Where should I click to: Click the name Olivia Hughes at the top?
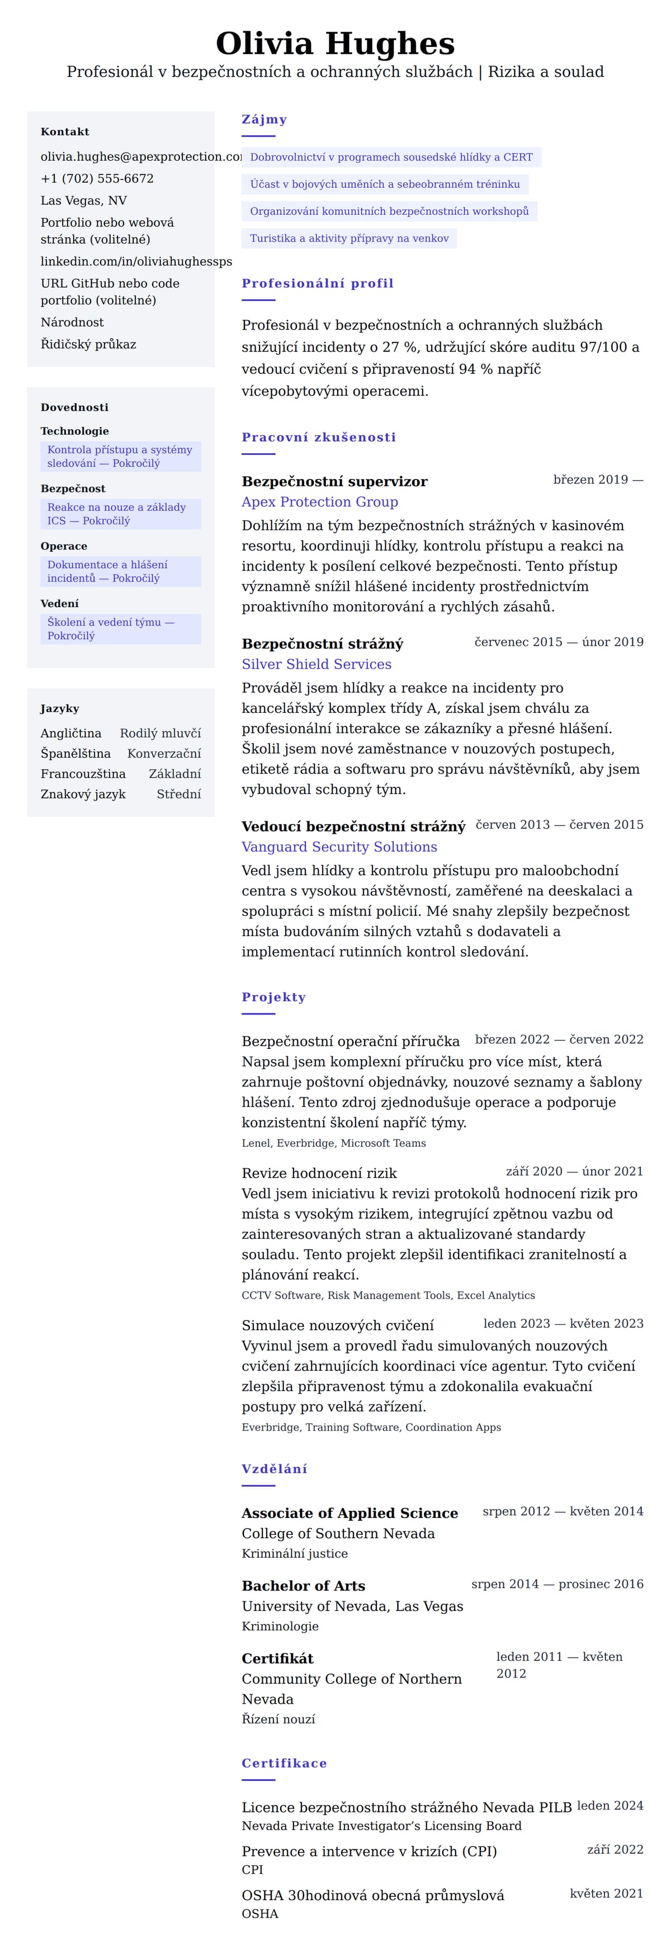coord(335,44)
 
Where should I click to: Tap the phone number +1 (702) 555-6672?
coord(97,178)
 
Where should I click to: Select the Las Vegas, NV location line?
coord(84,201)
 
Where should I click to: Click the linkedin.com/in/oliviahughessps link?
coord(136,261)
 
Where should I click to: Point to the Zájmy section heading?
coord(264,120)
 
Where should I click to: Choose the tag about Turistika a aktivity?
coord(349,238)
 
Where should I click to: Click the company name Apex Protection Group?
coord(319,502)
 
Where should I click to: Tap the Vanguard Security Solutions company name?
coord(339,847)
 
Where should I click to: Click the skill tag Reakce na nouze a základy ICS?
coord(120,514)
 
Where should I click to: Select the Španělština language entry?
coord(75,754)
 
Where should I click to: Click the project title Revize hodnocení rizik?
coord(319,1173)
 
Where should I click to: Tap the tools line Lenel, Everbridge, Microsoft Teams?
coord(334,1144)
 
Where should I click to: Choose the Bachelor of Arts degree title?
coord(304,1586)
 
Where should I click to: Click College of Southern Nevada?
coord(338,1534)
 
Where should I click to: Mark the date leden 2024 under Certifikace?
coord(609,1806)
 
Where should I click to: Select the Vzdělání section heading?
coord(274,1469)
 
